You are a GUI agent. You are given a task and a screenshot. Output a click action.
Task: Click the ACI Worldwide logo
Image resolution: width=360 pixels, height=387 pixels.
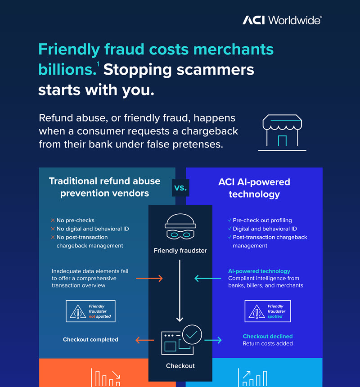(282, 20)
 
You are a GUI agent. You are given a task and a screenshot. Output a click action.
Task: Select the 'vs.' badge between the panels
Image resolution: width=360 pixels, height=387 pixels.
(180, 188)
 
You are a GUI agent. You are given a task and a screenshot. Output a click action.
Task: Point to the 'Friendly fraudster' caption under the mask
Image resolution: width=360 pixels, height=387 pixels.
(180, 251)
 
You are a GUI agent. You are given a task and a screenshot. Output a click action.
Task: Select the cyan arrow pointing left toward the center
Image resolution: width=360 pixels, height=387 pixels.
(207, 279)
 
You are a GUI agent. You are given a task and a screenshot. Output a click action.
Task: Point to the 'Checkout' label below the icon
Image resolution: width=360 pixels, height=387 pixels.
(180, 366)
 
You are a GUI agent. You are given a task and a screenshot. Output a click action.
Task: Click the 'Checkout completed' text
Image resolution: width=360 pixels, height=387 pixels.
(90, 339)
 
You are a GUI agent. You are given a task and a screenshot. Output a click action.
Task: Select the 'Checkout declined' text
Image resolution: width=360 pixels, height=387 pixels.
(268, 336)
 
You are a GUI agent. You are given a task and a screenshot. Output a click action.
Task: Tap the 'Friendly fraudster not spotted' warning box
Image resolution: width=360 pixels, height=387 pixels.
(90, 311)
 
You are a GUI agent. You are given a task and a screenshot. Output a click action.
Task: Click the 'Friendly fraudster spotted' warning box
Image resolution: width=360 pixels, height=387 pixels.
(268, 311)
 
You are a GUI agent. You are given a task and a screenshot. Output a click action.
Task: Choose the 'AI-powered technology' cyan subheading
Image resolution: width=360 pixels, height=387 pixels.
(259, 271)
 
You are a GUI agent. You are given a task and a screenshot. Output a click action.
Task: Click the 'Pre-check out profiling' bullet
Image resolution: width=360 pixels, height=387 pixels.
(262, 220)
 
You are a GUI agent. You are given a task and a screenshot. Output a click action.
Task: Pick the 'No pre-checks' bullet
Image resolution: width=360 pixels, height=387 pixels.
(75, 220)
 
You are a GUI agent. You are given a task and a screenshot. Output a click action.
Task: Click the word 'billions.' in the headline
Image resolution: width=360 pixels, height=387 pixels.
(67, 69)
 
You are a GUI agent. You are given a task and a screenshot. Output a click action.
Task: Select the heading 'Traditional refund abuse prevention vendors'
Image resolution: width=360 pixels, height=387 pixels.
(104, 187)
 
